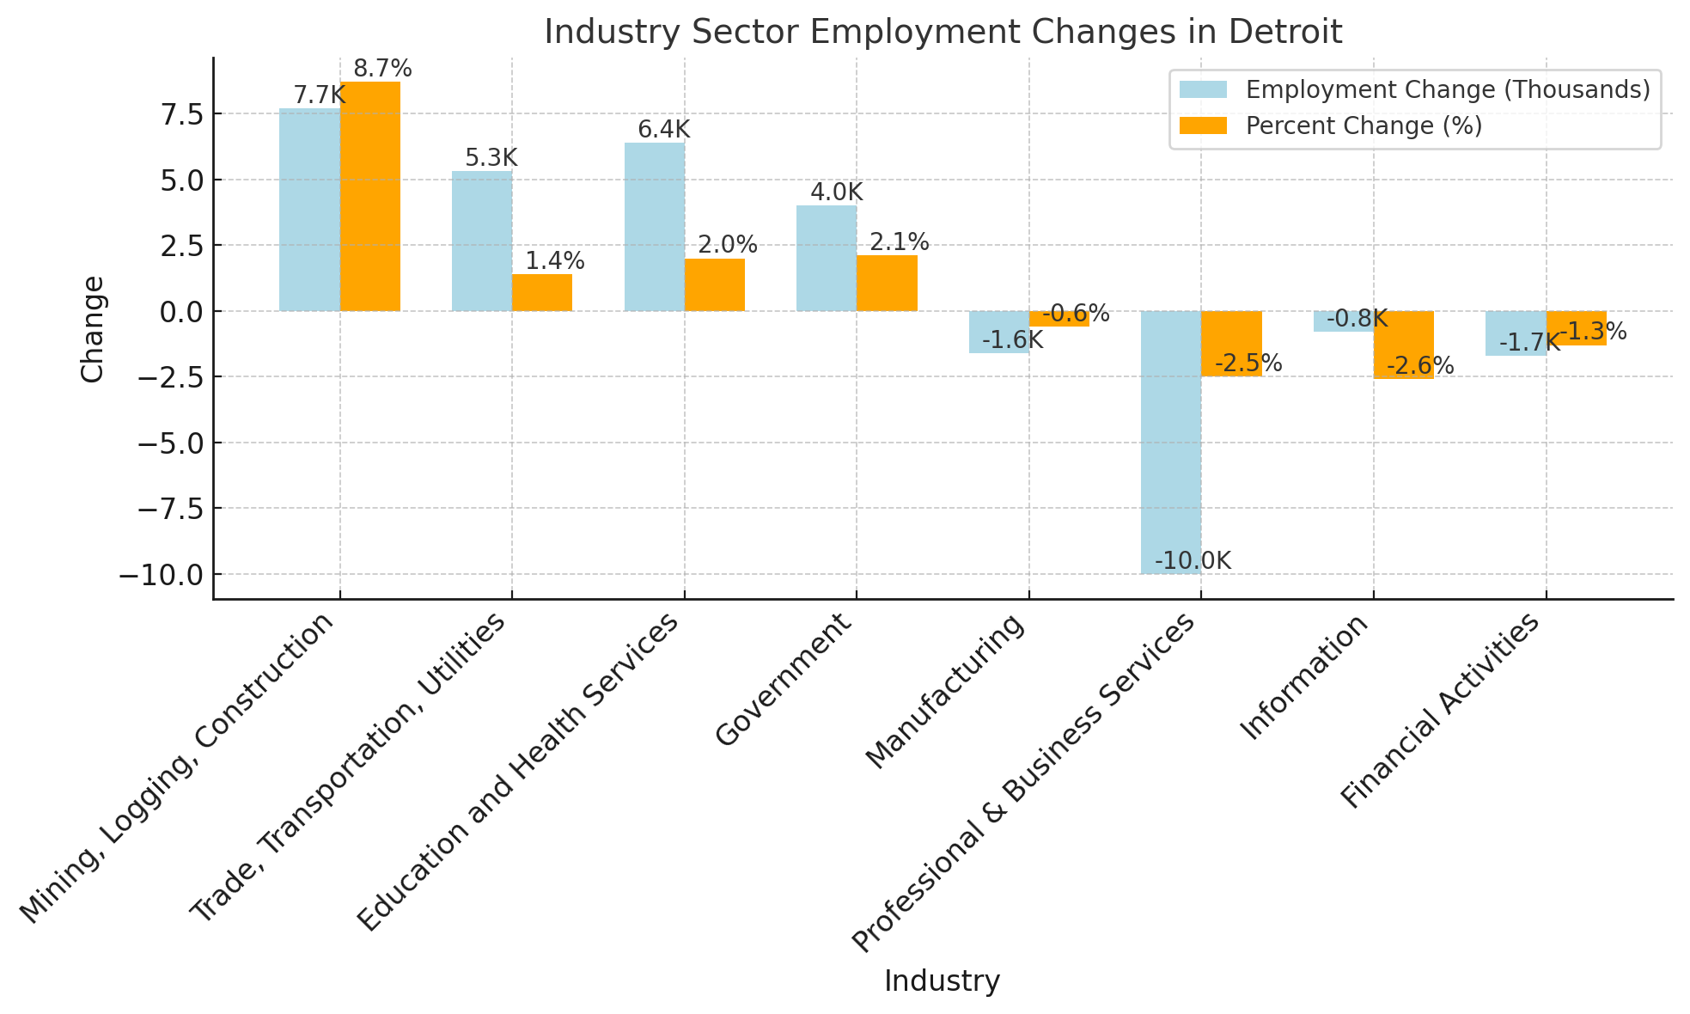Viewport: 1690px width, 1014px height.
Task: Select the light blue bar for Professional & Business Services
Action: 1170,442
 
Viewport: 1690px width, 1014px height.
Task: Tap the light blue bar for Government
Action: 826,258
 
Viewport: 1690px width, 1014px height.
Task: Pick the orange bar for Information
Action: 1403,344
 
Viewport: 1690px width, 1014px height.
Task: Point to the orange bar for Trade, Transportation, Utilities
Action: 541,292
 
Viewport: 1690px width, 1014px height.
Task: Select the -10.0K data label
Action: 1193,561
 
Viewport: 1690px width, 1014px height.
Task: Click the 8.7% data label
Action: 382,69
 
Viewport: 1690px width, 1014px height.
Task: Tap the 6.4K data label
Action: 663,130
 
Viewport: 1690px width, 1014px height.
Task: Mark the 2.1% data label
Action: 899,242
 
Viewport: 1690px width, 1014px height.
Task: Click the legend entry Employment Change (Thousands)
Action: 1448,90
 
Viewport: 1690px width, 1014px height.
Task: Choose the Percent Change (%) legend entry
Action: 1364,126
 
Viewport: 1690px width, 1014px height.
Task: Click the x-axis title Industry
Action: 942,981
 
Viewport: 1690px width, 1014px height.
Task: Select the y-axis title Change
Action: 92,328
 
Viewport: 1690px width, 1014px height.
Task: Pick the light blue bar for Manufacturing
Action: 998,332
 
